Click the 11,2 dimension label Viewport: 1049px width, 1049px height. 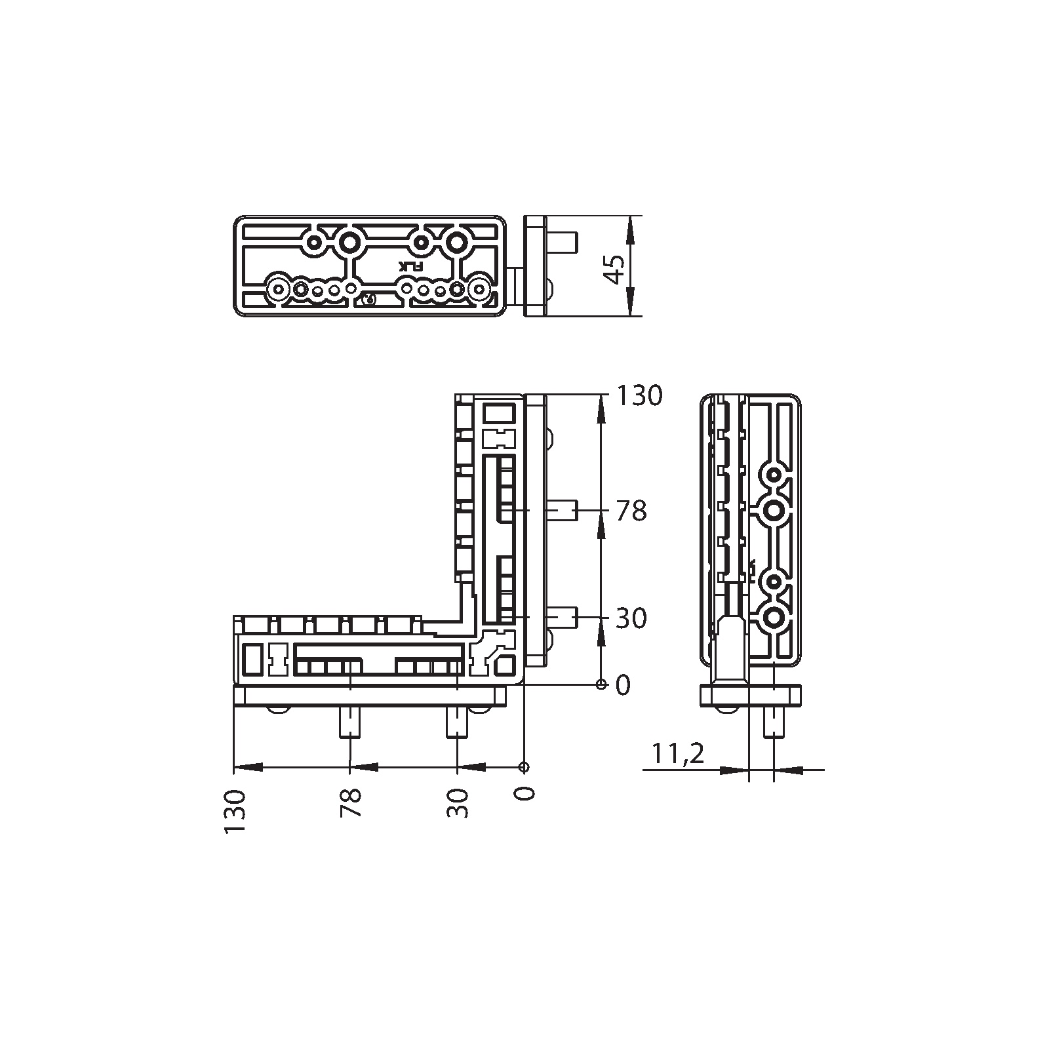[x=678, y=754]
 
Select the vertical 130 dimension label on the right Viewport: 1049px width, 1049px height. [x=637, y=396]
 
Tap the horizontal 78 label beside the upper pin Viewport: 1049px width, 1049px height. [x=631, y=511]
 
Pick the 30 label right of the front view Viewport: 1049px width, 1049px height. [x=631, y=618]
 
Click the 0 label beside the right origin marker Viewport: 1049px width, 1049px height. [x=622, y=685]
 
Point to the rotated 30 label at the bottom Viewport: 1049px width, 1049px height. [x=458, y=802]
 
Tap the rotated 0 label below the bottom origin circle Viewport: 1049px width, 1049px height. [x=524, y=793]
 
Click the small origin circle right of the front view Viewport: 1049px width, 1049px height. [x=601, y=684]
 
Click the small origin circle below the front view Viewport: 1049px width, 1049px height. [x=523, y=767]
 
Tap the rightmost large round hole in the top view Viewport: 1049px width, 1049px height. [x=480, y=288]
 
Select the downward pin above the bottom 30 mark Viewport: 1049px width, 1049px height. [x=458, y=722]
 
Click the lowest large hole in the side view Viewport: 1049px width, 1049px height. [x=774, y=617]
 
